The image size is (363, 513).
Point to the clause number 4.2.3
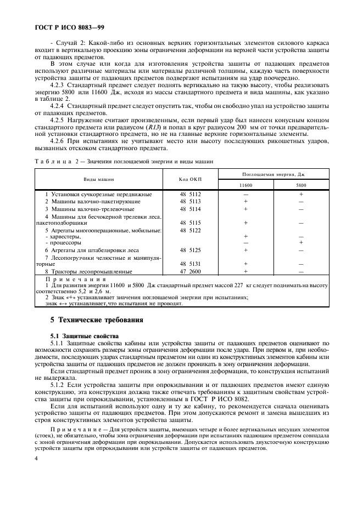(x=58, y=86)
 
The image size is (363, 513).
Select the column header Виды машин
(x=99, y=180)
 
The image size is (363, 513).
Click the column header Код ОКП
(x=190, y=180)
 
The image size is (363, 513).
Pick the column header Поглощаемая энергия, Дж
(x=273, y=174)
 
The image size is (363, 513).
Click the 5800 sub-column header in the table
(x=300, y=186)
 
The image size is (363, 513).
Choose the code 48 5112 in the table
(x=190, y=195)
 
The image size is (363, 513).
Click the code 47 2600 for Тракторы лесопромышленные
(x=190, y=271)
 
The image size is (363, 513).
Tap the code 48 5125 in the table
(x=190, y=250)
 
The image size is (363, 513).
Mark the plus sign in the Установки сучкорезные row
(x=301, y=195)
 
